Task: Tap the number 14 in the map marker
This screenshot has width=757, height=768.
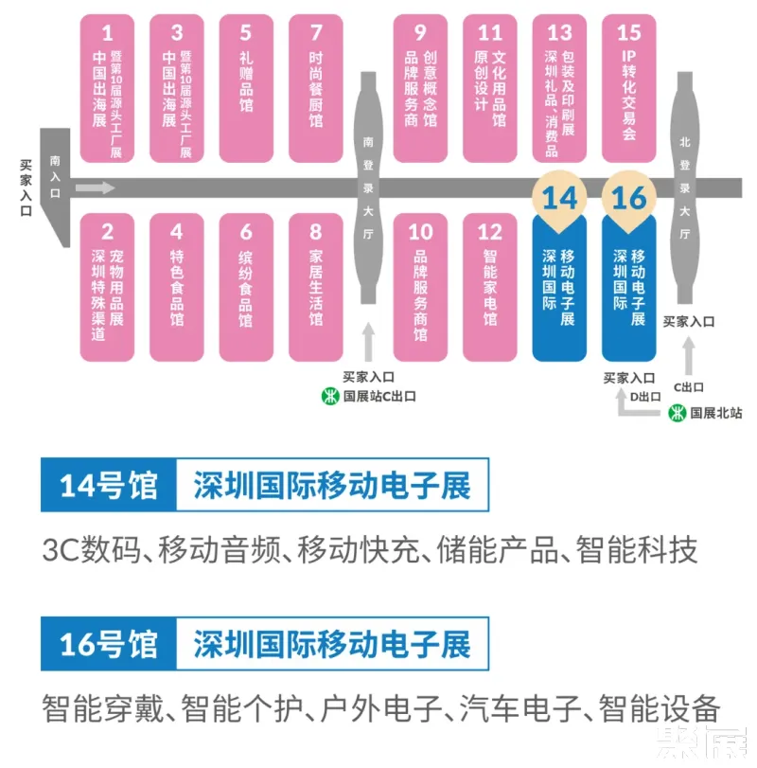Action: pyautogui.click(x=559, y=198)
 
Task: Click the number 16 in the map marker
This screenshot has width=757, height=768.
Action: pyautogui.click(x=629, y=198)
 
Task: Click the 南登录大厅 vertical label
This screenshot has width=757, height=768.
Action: pyautogui.click(x=369, y=189)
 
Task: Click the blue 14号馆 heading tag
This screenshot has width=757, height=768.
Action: pyautogui.click(x=106, y=487)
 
